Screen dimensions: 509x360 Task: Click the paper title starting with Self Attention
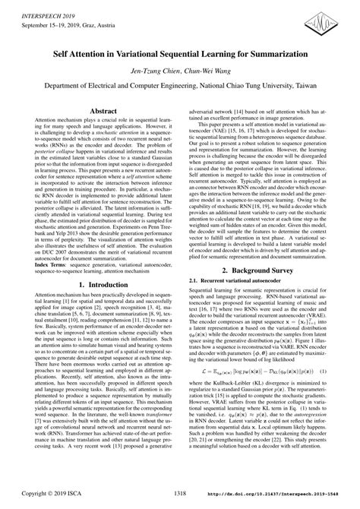tap(180, 56)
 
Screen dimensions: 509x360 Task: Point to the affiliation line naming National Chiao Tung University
tap(180, 86)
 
